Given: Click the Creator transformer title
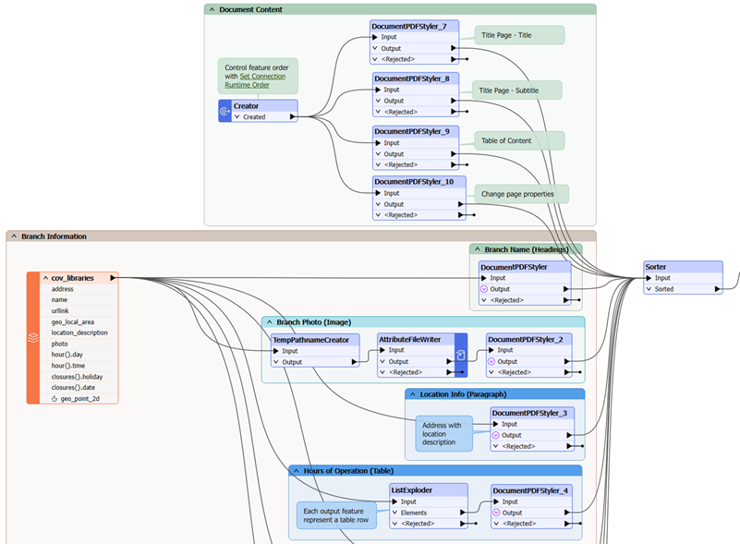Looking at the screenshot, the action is (x=246, y=106).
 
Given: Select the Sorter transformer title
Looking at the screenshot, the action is (x=656, y=267).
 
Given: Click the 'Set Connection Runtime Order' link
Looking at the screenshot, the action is (x=255, y=80).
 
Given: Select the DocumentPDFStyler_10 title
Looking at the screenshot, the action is (x=414, y=182).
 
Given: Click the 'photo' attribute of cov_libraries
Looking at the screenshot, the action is (x=59, y=344).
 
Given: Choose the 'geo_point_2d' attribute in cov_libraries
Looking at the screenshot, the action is (x=79, y=399).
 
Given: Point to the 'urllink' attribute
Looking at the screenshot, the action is (x=60, y=311).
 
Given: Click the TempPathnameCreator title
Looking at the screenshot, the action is (x=311, y=340).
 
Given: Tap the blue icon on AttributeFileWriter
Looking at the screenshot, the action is (x=461, y=356).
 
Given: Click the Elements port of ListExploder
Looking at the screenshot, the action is (x=414, y=513).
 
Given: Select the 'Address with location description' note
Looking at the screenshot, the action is (x=443, y=433).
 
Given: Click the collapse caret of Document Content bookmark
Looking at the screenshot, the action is (x=212, y=9).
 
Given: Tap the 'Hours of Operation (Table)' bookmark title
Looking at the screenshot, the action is (x=348, y=471).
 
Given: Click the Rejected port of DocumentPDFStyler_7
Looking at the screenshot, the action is (x=398, y=59).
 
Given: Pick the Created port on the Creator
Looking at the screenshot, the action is (x=254, y=117).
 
